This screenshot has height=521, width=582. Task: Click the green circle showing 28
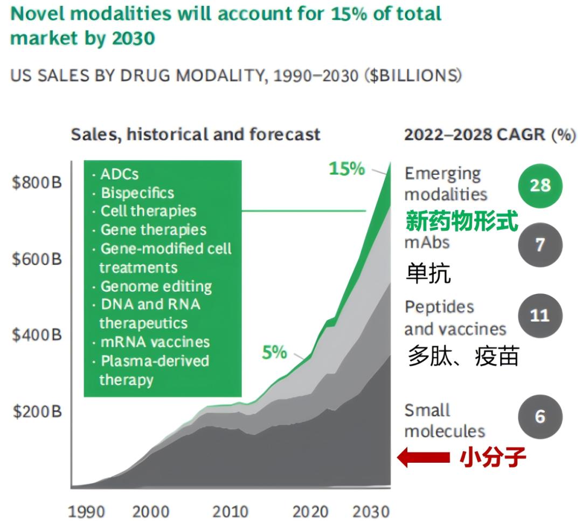point(540,186)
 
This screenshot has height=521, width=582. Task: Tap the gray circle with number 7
point(540,245)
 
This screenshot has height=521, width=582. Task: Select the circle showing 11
point(540,316)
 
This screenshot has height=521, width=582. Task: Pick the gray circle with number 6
point(540,417)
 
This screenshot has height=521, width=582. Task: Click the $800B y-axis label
point(37,183)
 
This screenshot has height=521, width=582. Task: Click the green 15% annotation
point(347,169)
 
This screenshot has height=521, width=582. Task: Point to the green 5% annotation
point(274,353)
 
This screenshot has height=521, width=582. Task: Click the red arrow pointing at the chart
point(424,458)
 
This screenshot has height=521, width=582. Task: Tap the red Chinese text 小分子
point(493,458)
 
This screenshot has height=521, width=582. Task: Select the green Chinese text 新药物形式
point(462,221)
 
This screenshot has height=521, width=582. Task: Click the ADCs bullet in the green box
point(119,174)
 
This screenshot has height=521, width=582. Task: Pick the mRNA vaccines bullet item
point(155,342)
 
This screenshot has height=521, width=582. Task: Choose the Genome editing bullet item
point(156,286)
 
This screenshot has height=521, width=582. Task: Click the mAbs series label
point(427,243)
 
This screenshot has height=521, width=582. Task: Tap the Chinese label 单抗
point(428,274)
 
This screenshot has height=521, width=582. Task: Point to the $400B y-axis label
point(37,335)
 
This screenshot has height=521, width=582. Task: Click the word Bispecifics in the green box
point(137,193)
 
